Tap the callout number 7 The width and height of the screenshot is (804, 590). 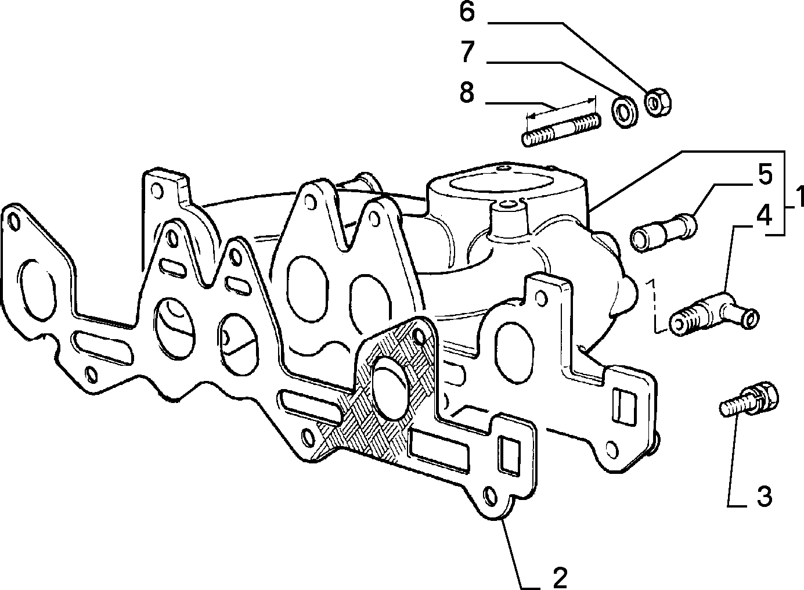(x=468, y=51)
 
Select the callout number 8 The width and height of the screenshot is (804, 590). (x=467, y=92)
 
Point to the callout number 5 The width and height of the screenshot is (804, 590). (x=765, y=175)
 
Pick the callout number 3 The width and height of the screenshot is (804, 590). (x=764, y=497)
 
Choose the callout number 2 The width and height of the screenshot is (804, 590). (x=560, y=578)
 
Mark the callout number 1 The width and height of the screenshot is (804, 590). (x=799, y=196)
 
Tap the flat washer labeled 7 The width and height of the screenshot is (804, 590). (x=625, y=111)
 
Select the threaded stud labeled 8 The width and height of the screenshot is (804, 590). (x=561, y=129)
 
